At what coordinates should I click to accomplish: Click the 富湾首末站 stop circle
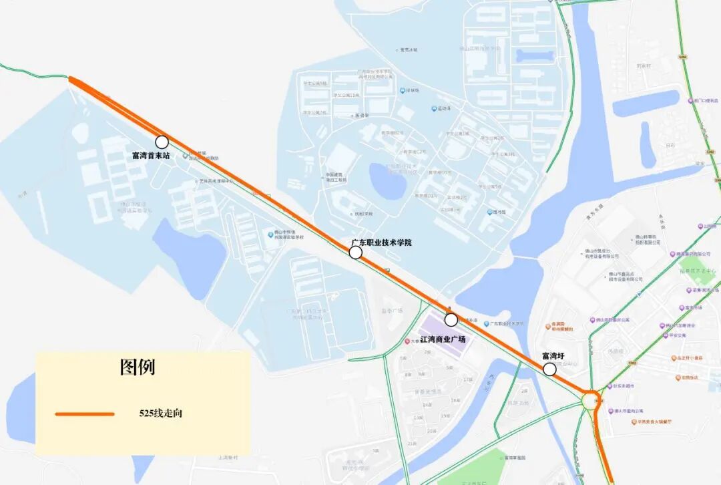162,142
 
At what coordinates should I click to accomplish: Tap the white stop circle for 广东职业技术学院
355,252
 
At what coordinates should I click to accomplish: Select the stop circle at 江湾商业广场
451,319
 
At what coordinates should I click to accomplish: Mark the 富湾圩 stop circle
549,369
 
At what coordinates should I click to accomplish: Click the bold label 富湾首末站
151,156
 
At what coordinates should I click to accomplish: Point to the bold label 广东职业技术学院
382,242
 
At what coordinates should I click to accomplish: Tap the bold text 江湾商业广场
443,339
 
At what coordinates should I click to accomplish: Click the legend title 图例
138,367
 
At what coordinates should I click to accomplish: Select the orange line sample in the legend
85,414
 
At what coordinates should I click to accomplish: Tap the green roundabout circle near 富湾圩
591,401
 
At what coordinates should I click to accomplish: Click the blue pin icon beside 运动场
433,108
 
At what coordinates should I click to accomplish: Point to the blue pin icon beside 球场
402,90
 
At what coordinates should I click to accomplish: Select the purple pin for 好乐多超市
608,386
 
